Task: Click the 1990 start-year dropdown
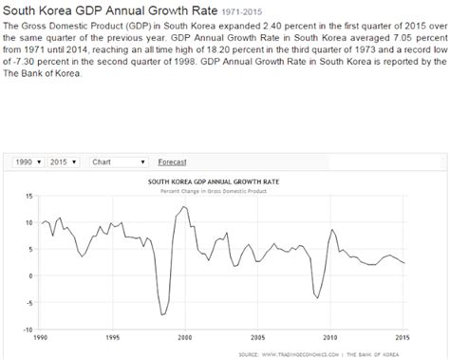click(x=27, y=161)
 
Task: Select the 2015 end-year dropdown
click(x=64, y=161)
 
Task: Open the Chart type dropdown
click(x=118, y=161)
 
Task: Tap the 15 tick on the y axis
click(x=28, y=196)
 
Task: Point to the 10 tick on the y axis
click(x=28, y=222)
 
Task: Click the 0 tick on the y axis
click(x=30, y=276)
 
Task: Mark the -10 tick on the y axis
click(x=28, y=331)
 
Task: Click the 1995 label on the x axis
click(x=112, y=338)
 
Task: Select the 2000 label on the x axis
click(x=184, y=338)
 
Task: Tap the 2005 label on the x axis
click(x=257, y=338)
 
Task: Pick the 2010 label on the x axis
click(x=330, y=338)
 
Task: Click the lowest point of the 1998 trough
click(x=162, y=314)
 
